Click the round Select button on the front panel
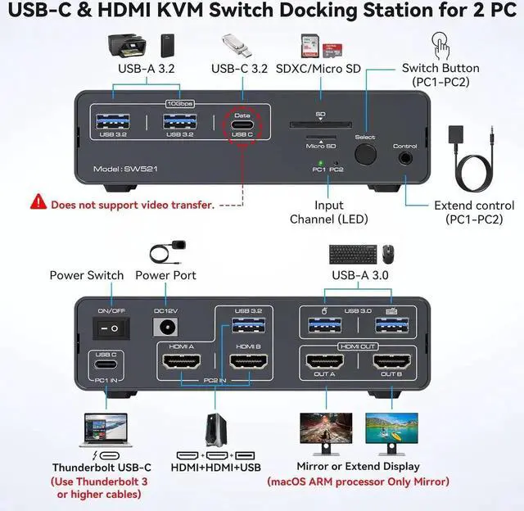365,153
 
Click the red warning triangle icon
38,201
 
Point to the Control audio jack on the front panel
405,158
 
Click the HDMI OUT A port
326,361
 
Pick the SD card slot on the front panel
320,125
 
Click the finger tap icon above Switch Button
440,43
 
